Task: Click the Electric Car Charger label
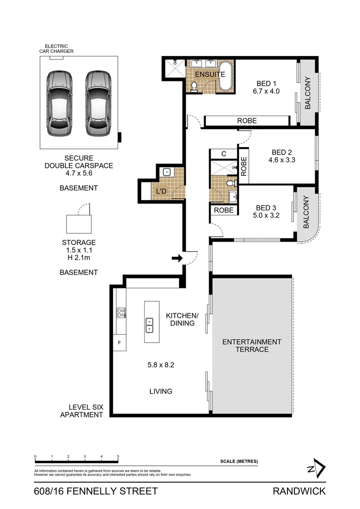pyautogui.click(x=56, y=49)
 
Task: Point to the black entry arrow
pyautogui.click(x=177, y=258)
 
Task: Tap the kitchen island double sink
pyautogui.click(x=149, y=324)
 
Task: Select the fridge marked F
pyautogui.click(x=120, y=343)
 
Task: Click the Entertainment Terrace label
pyautogui.click(x=252, y=345)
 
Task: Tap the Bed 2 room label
pyautogui.click(x=282, y=152)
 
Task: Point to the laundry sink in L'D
pyautogui.click(x=166, y=172)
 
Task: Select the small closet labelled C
pyautogui.click(x=224, y=154)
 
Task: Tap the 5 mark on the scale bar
pyautogui.click(x=118, y=457)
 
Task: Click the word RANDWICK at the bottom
pyautogui.click(x=299, y=492)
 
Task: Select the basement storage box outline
pyautogui.click(x=79, y=223)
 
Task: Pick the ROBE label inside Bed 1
pyautogui.click(x=246, y=121)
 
